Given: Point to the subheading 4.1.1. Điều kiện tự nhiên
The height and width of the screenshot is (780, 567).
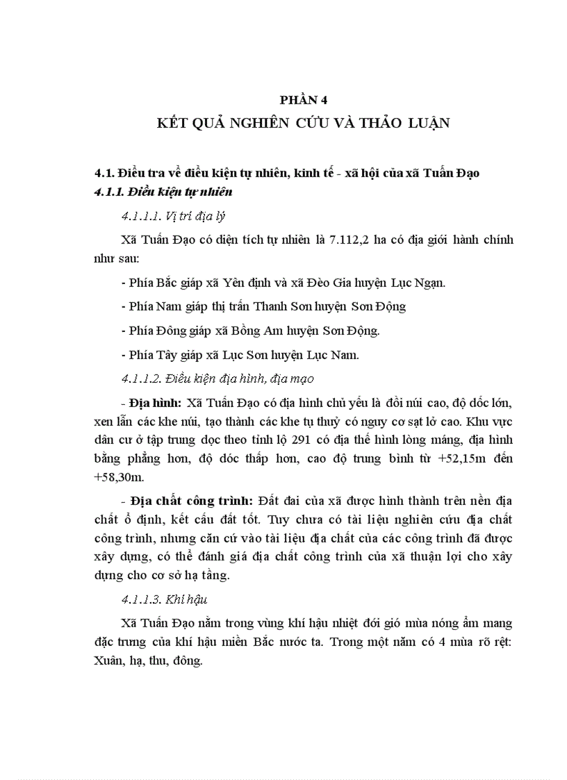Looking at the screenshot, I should click(x=163, y=191).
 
